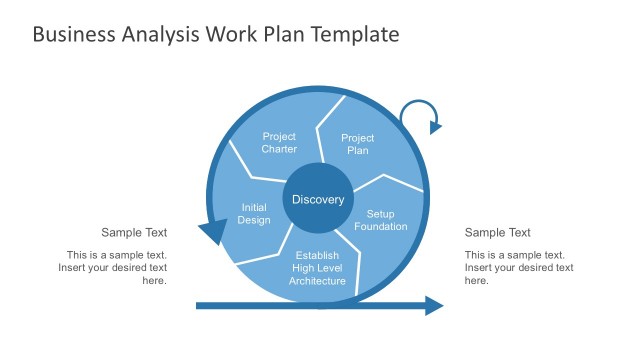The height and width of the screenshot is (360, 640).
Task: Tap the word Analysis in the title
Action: (x=161, y=35)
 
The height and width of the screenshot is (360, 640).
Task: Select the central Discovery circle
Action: (x=318, y=200)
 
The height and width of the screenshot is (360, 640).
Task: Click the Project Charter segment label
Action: (x=279, y=143)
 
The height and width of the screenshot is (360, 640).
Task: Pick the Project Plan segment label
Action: (x=357, y=145)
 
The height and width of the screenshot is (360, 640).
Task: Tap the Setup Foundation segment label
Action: (x=381, y=220)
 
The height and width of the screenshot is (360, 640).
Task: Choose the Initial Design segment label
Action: (x=254, y=214)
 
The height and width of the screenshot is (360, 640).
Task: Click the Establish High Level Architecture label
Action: (x=317, y=268)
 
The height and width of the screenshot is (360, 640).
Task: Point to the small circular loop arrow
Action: (x=419, y=115)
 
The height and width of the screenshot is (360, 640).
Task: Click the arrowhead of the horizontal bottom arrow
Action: (x=434, y=305)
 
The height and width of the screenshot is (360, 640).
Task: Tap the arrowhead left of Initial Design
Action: (x=213, y=232)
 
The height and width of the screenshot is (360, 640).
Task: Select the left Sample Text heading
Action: (x=134, y=233)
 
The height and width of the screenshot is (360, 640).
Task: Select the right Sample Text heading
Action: (x=497, y=233)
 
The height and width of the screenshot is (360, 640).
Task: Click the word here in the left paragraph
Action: (x=154, y=281)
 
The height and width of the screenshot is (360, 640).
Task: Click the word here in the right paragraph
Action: (x=477, y=281)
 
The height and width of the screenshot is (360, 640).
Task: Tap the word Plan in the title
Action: (x=285, y=35)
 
